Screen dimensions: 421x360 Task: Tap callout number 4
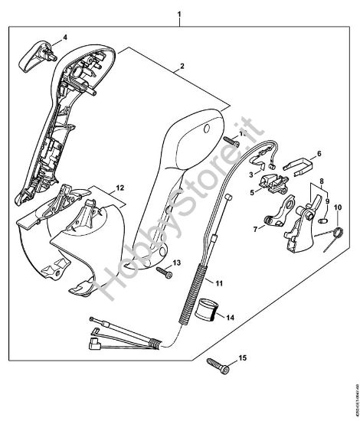click(x=64, y=37)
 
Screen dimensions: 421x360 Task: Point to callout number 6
click(x=319, y=153)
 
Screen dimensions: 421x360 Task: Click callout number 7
click(x=255, y=227)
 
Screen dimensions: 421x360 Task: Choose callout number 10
click(x=338, y=228)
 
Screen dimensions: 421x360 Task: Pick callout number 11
click(x=220, y=283)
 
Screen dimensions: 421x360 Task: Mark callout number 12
click(x=119, y=188)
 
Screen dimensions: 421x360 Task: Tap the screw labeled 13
click(x=163, y=270)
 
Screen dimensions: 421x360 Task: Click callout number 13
click(x=178, y=263)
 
